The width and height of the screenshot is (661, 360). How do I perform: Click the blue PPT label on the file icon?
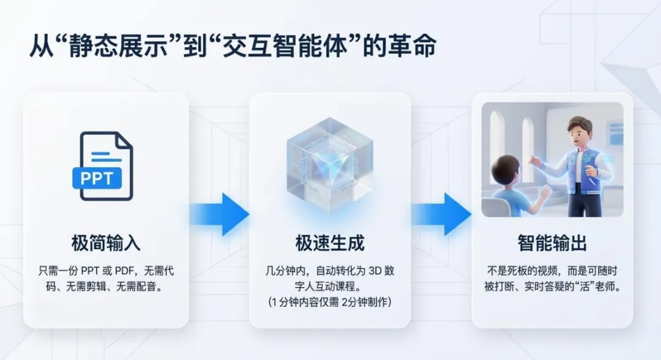pyautogui.click(x=97, y=178)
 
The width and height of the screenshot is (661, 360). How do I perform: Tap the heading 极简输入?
pyautogui.click(x=106, y=243)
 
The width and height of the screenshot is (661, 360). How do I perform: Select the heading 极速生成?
pyautogui.click(x=330, y=243)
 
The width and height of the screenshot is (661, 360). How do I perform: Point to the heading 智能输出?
pyautogui.click(x=552, y=243)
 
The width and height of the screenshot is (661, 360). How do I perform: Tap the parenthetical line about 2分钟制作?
pyautogui.click(x=330, y=302)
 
